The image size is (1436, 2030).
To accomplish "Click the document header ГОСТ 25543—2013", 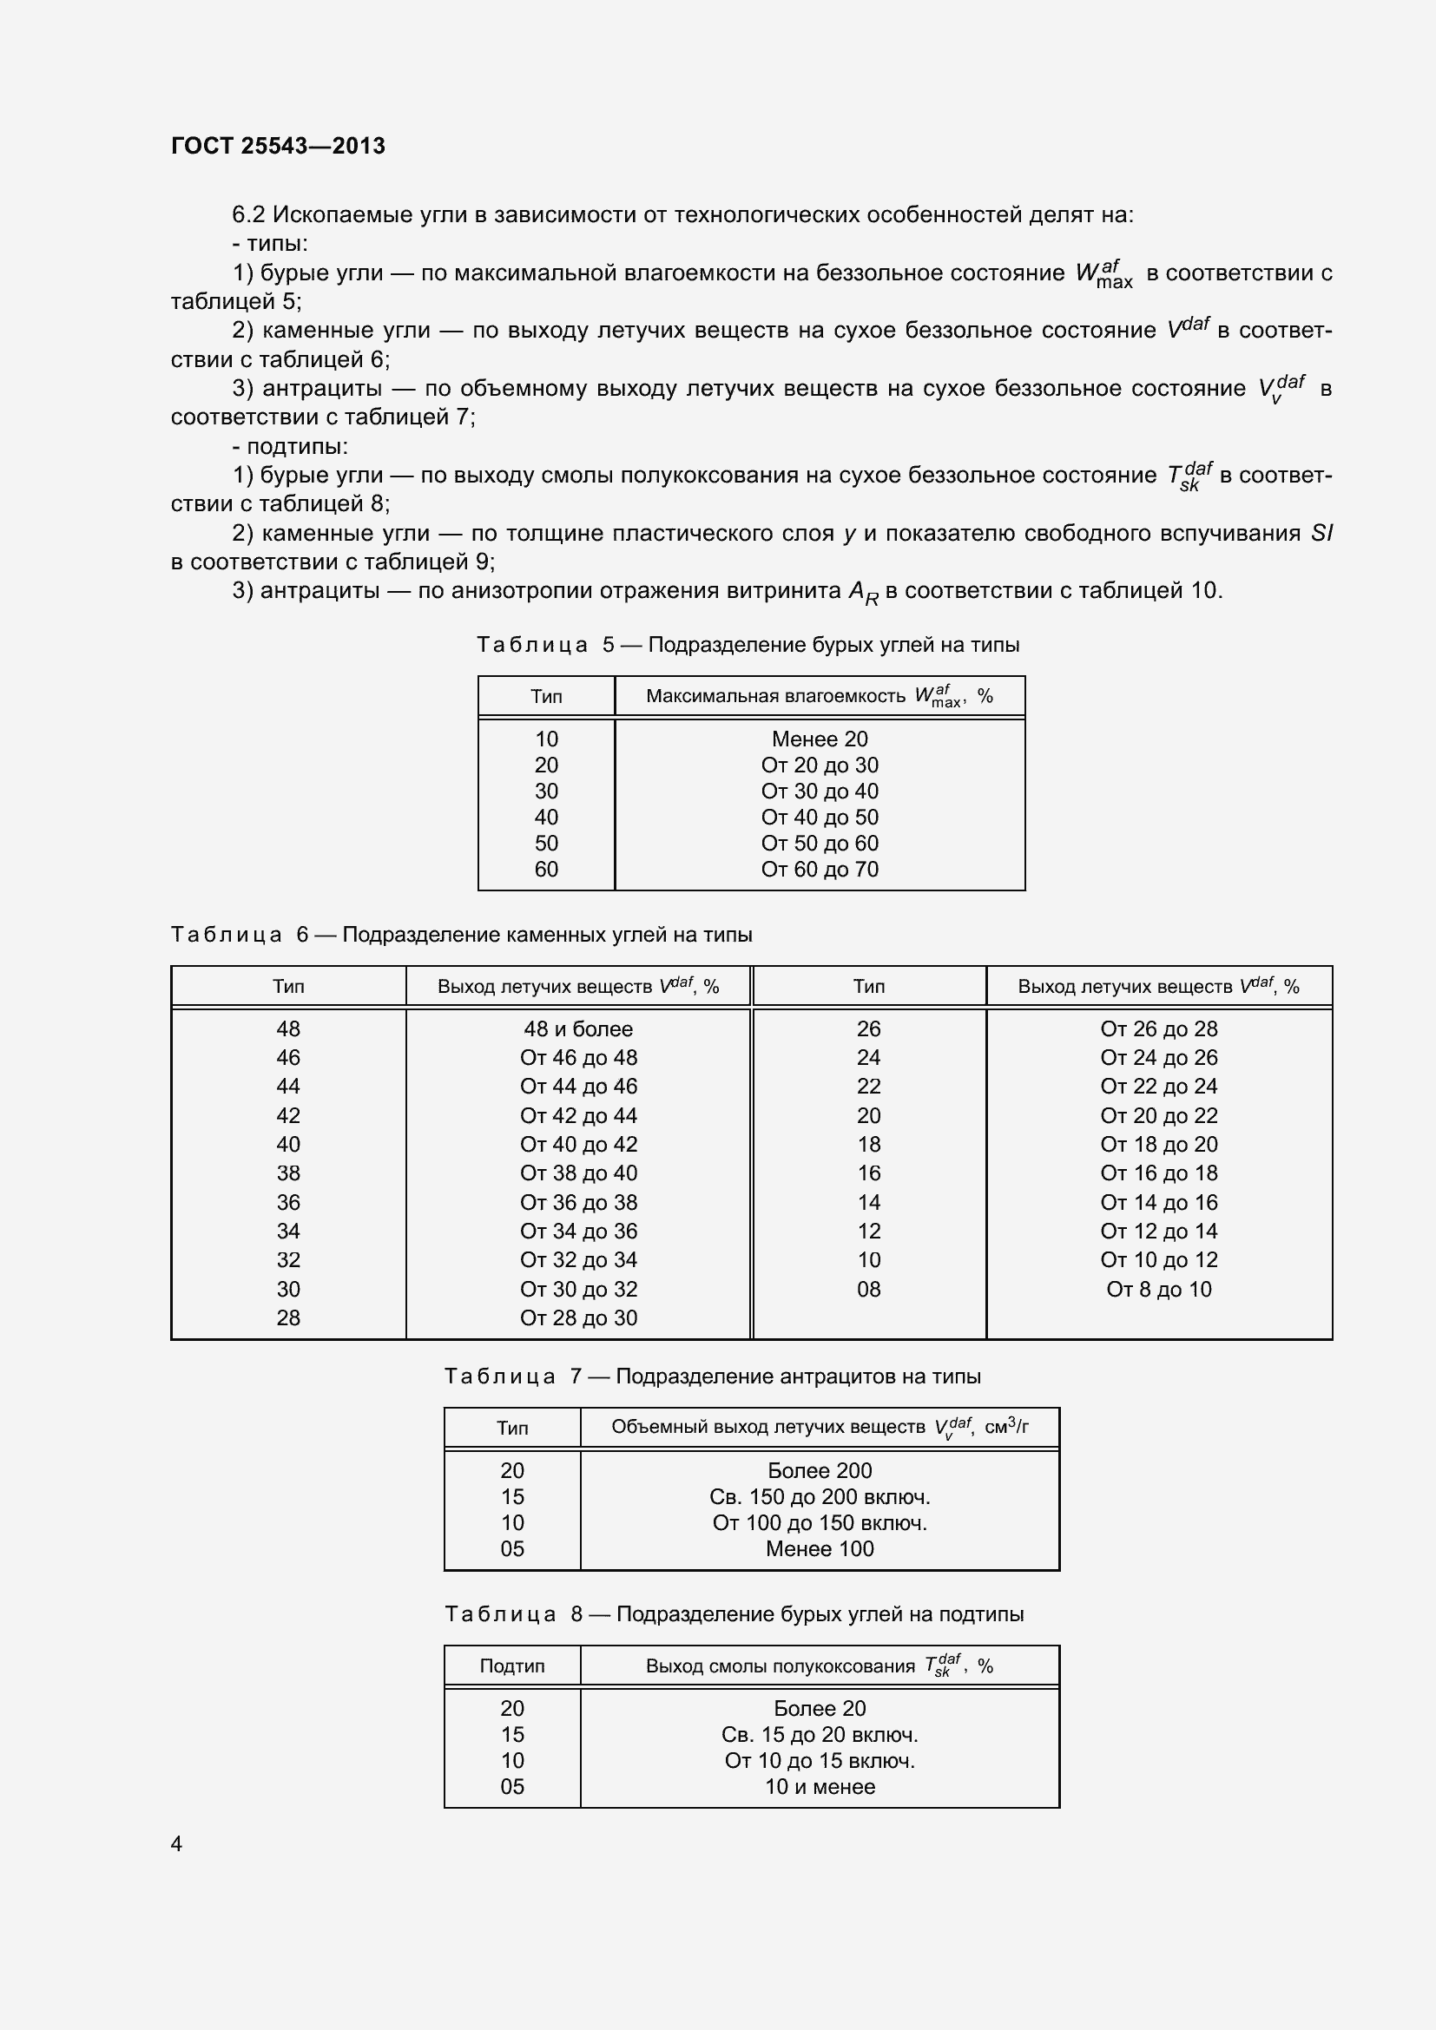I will tap(278, 146).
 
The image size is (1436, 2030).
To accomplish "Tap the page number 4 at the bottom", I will tap(177, 1843).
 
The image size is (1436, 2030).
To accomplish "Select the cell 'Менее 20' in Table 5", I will tap(819, 739).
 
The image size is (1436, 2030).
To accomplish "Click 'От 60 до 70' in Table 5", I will tap(819, 869).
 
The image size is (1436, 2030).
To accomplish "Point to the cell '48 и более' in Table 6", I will tap(577, 1028).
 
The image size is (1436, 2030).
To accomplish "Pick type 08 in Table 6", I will tap(868, 1289).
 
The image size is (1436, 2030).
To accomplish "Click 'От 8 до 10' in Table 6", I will tap(1158, 1289).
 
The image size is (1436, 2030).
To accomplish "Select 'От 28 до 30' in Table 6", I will tap(577, 1317).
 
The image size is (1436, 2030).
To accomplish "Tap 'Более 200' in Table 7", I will tap(819, 1470).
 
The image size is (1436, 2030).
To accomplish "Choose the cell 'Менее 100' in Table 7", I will tap(819, 1548).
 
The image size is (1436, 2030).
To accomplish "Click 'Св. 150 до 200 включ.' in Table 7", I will tap(819, 1497).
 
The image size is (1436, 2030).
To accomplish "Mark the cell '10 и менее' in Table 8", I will tap(819, 1786).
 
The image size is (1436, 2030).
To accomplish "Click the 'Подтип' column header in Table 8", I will tap(512, 1665).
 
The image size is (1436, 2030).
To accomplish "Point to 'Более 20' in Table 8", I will tap(819, 1708).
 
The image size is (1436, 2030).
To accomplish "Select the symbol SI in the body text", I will tap(1321, 533).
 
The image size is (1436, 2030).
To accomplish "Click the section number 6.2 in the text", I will tap(248, 215).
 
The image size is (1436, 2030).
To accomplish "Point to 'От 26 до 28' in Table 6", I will tap(1158, 1028).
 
